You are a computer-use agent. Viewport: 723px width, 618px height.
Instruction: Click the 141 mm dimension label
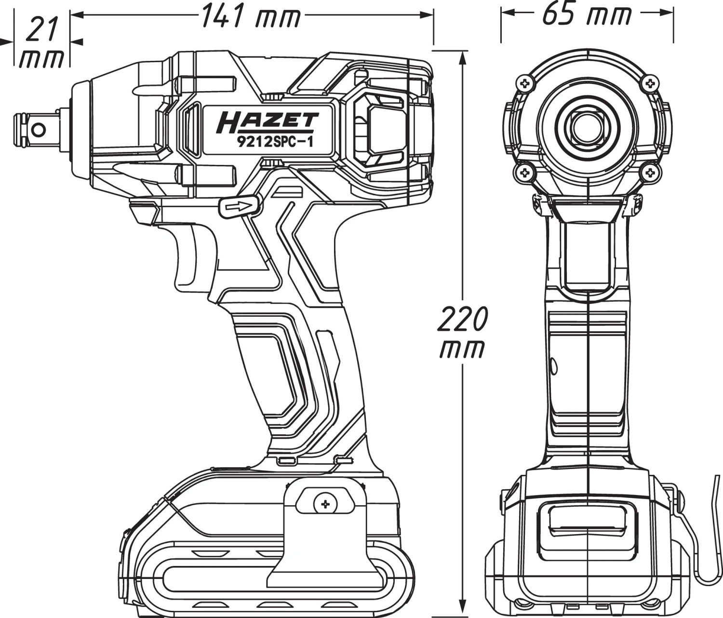pyautogui.click(x=251, y=16)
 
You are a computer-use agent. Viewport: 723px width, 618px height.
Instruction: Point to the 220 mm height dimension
pyautogui.click(x=462, y=333)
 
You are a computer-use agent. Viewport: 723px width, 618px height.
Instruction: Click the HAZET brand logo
pyautogui.click(x=268, y=122)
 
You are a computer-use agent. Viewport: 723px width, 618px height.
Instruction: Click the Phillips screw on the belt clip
pyautogui.click(x=326, y=504)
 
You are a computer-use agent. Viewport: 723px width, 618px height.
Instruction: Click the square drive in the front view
pyautogui.click(x=588, y=126)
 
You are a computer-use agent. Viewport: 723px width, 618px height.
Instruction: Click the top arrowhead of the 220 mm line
pyautogui.click(x=463, y=57)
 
